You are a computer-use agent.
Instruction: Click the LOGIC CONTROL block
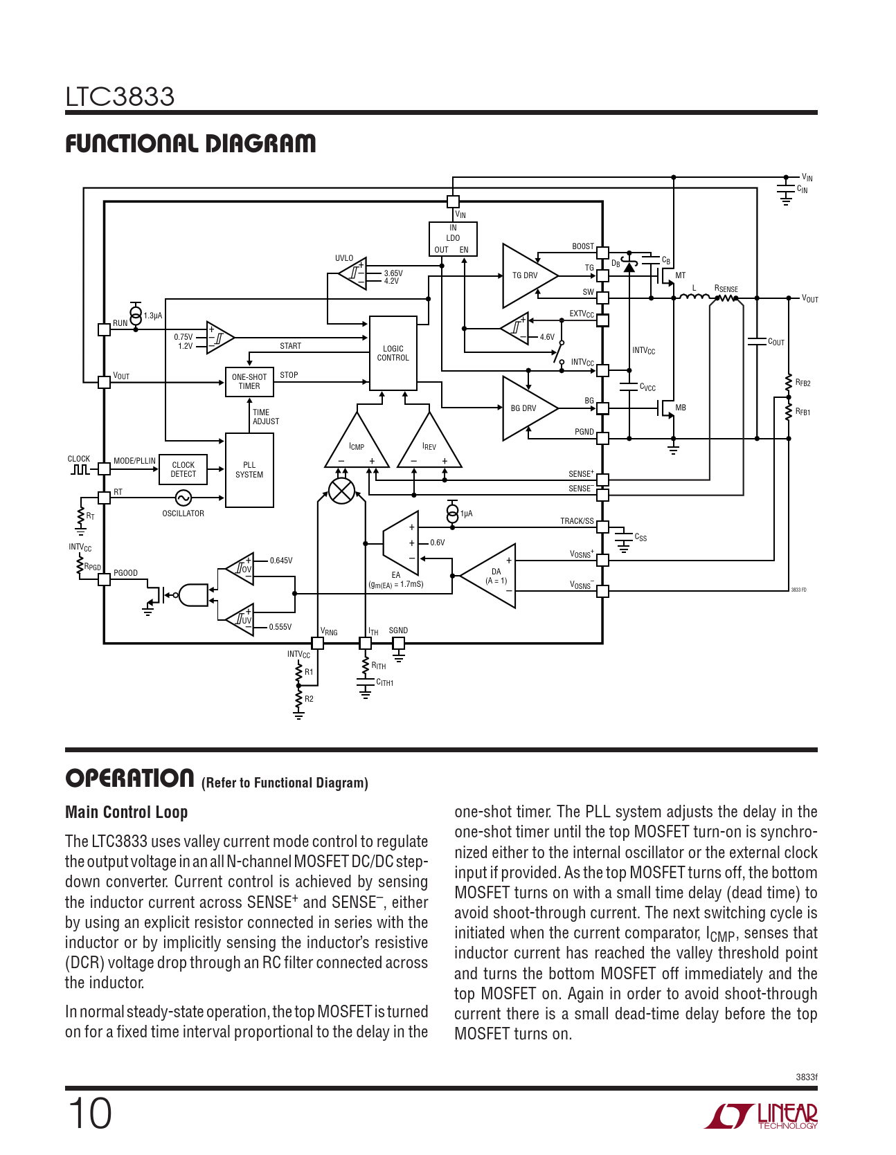[x=393, y=353]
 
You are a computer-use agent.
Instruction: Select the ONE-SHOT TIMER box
[x=249, y=381]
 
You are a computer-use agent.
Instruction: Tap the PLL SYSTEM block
[x=249, y=470]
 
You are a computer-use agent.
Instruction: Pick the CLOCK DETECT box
[x=183, y=470]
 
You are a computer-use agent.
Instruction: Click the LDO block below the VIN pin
[x=453, y=239]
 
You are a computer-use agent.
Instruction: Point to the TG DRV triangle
[x=526, y=275]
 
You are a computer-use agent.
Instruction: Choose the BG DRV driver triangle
[x=526, y=408]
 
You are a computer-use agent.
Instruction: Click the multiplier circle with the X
[x=341, y=491]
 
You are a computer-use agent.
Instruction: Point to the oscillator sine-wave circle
[x=183, y=498]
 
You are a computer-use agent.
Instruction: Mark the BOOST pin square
[x=602, y=253]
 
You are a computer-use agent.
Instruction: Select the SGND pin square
[x=398, y=643]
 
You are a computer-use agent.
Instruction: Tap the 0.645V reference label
[x=281, y=561]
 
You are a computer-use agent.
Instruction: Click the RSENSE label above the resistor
[x=726, y=289]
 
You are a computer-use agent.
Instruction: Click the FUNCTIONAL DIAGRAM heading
[x=190, y=144]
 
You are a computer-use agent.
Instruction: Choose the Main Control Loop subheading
[x=126, y=812]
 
